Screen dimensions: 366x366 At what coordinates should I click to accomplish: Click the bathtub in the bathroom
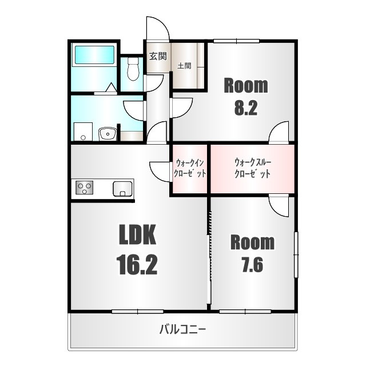[94, 55]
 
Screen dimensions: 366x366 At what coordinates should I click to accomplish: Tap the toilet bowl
[133, 69]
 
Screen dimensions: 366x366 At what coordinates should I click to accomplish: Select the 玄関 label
[158, 56]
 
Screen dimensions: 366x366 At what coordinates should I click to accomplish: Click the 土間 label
[184, 66]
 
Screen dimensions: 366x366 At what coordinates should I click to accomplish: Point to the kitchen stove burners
[84, 188]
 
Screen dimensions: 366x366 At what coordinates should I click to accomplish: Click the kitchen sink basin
[122, 189]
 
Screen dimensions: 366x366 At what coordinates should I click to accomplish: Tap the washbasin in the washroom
[108, 134]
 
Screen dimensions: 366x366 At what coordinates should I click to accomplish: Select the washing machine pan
[83, 132]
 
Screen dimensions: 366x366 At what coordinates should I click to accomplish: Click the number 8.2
[246, 108]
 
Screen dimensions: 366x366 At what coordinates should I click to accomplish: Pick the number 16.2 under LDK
[137, 265]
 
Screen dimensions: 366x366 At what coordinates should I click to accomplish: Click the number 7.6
[252, 265]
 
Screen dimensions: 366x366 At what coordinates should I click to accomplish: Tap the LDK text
[137, 234]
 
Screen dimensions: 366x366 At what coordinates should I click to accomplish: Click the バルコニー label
[182, 329]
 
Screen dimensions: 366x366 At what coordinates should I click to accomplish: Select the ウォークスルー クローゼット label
[253, 168]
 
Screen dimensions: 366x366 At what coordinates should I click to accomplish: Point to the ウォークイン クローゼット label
[190, 168]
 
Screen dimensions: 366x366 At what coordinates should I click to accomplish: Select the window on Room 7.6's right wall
[296, 254]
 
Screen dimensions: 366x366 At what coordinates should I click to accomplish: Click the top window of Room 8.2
[236, 41]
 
